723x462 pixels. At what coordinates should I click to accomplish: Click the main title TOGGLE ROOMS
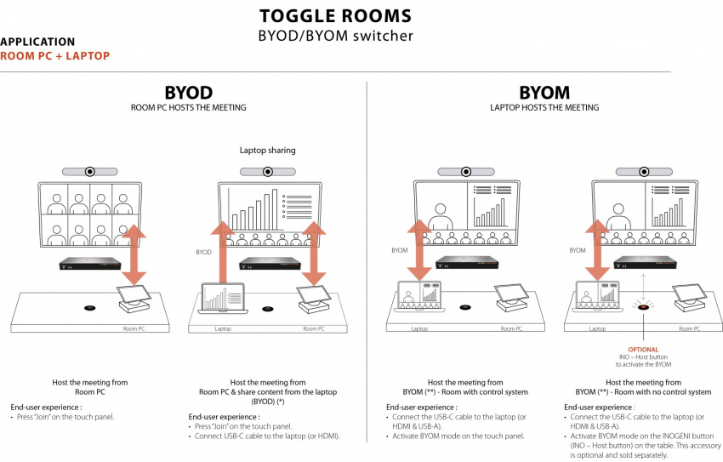(335, 15)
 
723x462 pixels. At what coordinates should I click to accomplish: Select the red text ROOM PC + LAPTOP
(54, 55)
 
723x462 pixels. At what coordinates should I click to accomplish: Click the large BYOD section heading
(188, 92)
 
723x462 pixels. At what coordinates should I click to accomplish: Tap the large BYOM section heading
(544, 92)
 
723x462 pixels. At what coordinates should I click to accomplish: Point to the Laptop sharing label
(267, 151)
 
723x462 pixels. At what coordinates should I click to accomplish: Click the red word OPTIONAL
(643, 348)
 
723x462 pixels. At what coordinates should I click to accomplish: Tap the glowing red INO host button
(643, 307)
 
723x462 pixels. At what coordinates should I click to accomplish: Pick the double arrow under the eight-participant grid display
(133, 255)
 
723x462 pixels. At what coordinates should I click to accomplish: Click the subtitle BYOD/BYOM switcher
(335, 36)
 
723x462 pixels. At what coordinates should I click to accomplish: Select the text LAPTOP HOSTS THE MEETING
(544, 108)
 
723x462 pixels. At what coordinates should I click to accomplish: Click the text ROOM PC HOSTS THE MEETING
(188, 108)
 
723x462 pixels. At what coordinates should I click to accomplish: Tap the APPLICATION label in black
(37, 42)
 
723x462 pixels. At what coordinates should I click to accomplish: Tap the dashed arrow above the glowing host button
(643, 285)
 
